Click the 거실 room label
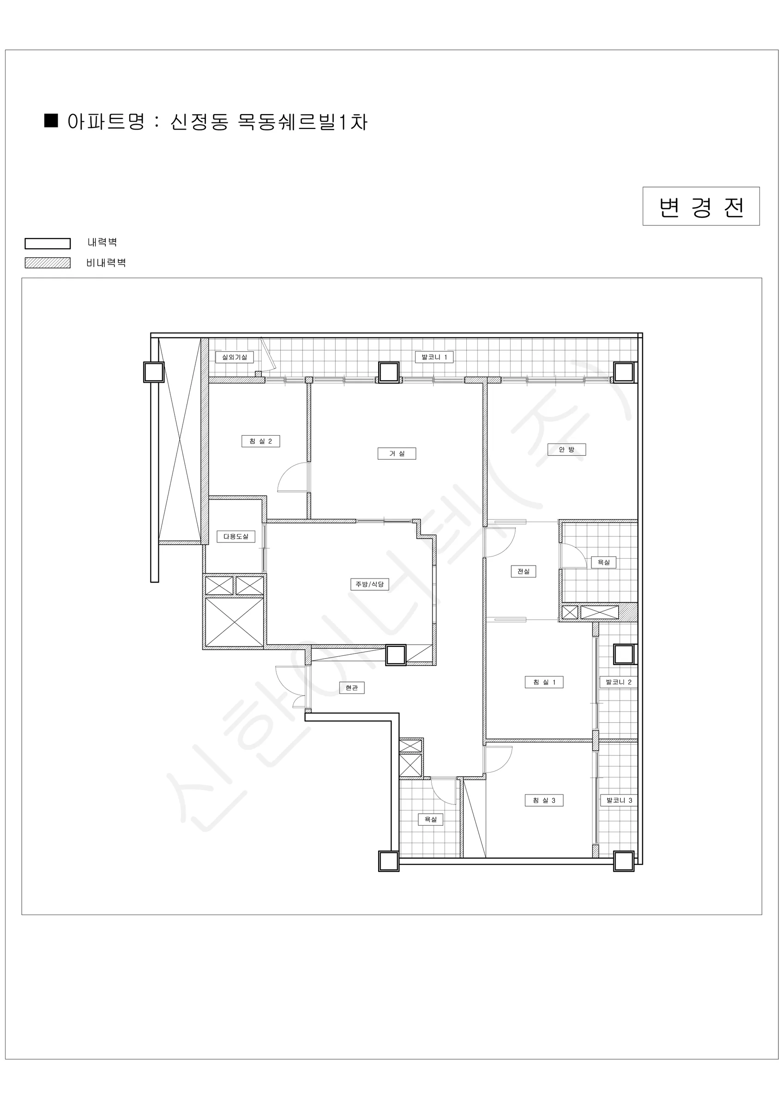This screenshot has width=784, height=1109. (x=396, y=454)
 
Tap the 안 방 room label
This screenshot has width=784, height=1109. (x=566, y=450)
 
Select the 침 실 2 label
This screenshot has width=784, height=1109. (x=261, y=441)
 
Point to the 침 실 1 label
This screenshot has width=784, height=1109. (x=544, y=682)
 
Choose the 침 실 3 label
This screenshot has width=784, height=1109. (x=544, y=800)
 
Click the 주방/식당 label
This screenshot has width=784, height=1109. (x=369, y=585)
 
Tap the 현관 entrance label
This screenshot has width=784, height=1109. (x=351, y=688)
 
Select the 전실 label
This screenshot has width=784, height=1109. (x=523, y=572)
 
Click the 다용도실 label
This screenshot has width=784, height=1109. (x=235, y=536)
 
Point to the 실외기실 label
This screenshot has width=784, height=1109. (x=234, y=358)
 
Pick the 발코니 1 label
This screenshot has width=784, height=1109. (x=434, y=358)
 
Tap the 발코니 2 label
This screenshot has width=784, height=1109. (x=618, y=682)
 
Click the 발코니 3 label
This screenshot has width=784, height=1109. (x=619, y=800)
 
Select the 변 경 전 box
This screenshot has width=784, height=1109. (x=701, y=206)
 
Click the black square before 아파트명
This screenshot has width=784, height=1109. (x=51, y=120)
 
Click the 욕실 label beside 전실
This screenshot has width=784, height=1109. (x=603, y=562)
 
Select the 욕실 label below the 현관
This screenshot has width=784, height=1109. (x=430, y=819)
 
